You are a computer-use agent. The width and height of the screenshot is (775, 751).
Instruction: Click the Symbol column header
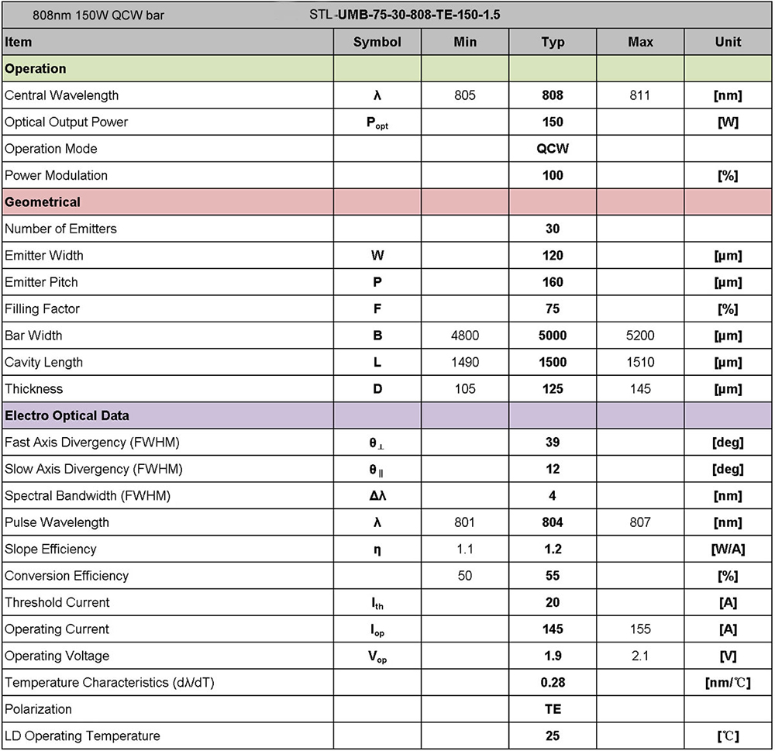377,42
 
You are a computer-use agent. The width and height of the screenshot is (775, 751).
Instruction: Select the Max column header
640,42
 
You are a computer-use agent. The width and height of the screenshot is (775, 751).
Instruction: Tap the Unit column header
728,42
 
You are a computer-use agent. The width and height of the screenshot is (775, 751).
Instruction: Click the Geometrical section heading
43,202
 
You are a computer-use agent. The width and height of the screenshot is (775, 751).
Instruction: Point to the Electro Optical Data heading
67,415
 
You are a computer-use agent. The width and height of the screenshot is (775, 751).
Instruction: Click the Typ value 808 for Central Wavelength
553,95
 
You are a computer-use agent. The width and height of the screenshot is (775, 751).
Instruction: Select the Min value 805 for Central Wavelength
465,95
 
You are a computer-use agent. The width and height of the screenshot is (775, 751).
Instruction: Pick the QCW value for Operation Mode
553,149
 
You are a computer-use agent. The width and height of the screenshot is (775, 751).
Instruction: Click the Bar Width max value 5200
640,336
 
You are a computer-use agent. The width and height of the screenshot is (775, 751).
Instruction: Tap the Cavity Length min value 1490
465,362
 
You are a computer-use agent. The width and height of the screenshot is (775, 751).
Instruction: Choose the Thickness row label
34,388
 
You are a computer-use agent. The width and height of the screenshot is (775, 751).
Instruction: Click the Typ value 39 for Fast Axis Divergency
553,443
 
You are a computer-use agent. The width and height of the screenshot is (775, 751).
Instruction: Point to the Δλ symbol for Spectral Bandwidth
377,495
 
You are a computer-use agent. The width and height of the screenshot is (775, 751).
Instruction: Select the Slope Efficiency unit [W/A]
728,549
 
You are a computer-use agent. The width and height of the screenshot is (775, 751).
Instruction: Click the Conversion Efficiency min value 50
465,576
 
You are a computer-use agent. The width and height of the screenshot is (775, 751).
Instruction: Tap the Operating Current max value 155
640,629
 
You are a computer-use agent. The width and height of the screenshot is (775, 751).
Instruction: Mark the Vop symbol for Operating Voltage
377,656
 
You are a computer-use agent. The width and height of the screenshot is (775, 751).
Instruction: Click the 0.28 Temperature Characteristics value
553,682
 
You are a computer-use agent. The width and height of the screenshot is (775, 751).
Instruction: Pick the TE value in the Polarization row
553,709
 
